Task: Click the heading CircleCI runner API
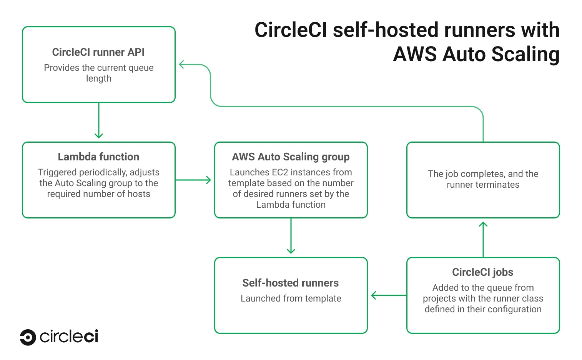pyautogui.click(x=98, y=52)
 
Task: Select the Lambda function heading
pyautogui.click(x=98, y=157)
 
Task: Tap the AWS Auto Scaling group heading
pyautogui.click(x=291, y=157)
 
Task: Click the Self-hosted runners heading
pyautogui.click(x=291, y=283)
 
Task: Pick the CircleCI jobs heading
pyautogui.click(x=483, y=272)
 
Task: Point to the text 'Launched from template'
pyautogui.click(x=291, y=298)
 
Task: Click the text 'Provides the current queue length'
pyautogui.click(x=98, y=73)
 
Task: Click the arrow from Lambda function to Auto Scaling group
pyautogui.click(x=193, y=180)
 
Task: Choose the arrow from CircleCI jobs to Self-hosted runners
pyautogui.click(x=389, y=295)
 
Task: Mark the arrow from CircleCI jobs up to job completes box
pyautogui.click(x=483, y=239)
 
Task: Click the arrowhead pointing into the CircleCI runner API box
pyautogui.click(x=182, y=65)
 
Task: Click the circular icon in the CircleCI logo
pyautogui.click(x=28, y=337)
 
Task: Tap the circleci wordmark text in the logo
pyautogui.click(x=69, y=337)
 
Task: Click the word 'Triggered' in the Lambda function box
pyautogui.click(x=57, y=172)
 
